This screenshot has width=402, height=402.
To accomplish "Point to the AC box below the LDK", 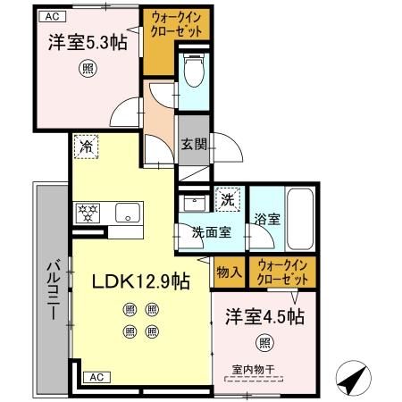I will pyautogui.click(x=97, y=377).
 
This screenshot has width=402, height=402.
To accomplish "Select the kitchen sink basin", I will pyautogui.click(x=128, y=213).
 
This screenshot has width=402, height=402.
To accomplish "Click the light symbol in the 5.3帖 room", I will pyautogui.click(x=87, y=70).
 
